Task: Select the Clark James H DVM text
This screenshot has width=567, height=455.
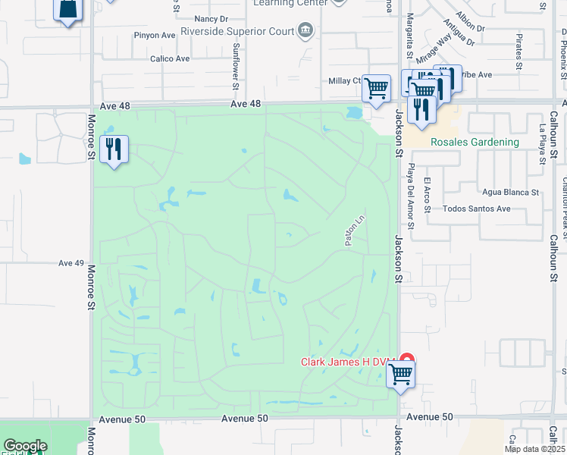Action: pos(348,362)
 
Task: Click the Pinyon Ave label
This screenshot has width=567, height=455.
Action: pos(154,35)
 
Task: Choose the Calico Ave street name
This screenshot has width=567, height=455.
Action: pos(170,58)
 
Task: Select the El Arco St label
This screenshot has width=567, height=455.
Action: pos(428,192)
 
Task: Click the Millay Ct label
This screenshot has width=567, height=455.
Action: pos(344,80)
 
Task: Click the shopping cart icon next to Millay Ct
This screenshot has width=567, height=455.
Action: pos(376,88)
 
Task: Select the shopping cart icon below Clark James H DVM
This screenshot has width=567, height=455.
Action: pos(400,374)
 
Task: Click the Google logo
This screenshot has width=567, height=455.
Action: pos(24,446)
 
